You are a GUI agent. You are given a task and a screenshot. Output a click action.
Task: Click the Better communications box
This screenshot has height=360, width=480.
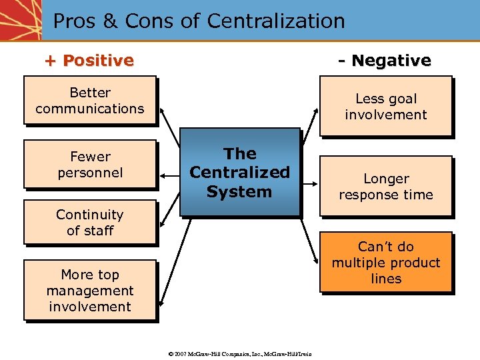90,101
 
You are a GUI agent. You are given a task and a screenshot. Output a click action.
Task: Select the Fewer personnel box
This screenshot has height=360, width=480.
90,165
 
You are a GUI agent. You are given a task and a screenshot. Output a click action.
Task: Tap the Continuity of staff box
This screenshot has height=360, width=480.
90,223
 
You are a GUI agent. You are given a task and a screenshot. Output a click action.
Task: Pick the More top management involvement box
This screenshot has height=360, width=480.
90,291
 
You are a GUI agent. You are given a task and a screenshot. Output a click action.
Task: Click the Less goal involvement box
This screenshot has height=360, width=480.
386,107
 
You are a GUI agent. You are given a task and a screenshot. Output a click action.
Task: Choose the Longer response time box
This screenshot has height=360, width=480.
386,187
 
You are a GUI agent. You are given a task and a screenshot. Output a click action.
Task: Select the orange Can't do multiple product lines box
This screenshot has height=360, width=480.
386,263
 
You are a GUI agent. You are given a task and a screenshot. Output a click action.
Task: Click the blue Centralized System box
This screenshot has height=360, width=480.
239,173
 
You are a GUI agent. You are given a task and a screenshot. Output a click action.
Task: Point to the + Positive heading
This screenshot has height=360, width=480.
89,61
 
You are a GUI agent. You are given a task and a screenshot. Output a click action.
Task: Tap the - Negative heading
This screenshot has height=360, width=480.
384,61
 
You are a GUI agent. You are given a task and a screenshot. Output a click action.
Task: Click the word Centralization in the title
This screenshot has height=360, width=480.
276,21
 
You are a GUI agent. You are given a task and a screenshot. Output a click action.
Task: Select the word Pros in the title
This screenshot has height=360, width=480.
74,21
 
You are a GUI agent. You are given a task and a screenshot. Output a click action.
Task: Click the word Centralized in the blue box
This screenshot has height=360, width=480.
239,173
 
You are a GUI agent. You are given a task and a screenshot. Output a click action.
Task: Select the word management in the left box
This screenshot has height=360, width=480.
90,291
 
